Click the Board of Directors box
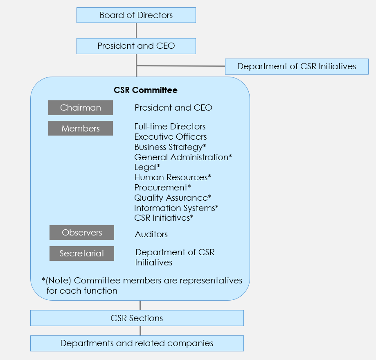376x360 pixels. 136,15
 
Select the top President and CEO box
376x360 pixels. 136,46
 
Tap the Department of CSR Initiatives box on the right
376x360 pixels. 297,66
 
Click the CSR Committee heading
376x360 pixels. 146,90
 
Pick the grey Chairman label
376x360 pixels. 81,108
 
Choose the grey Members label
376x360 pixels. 81,128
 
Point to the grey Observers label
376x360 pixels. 82,233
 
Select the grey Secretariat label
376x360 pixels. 82,254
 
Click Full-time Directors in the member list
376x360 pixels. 170,127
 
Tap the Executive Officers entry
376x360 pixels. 171,137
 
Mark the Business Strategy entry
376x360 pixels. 170,147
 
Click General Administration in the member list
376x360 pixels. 183,157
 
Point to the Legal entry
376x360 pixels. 147,167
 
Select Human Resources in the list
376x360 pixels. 173,177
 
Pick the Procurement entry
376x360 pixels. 162,188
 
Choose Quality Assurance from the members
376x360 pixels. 173,198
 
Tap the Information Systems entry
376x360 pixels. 176,208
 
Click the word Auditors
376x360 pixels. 151,234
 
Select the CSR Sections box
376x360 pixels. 137,318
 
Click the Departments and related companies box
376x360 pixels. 137,344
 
